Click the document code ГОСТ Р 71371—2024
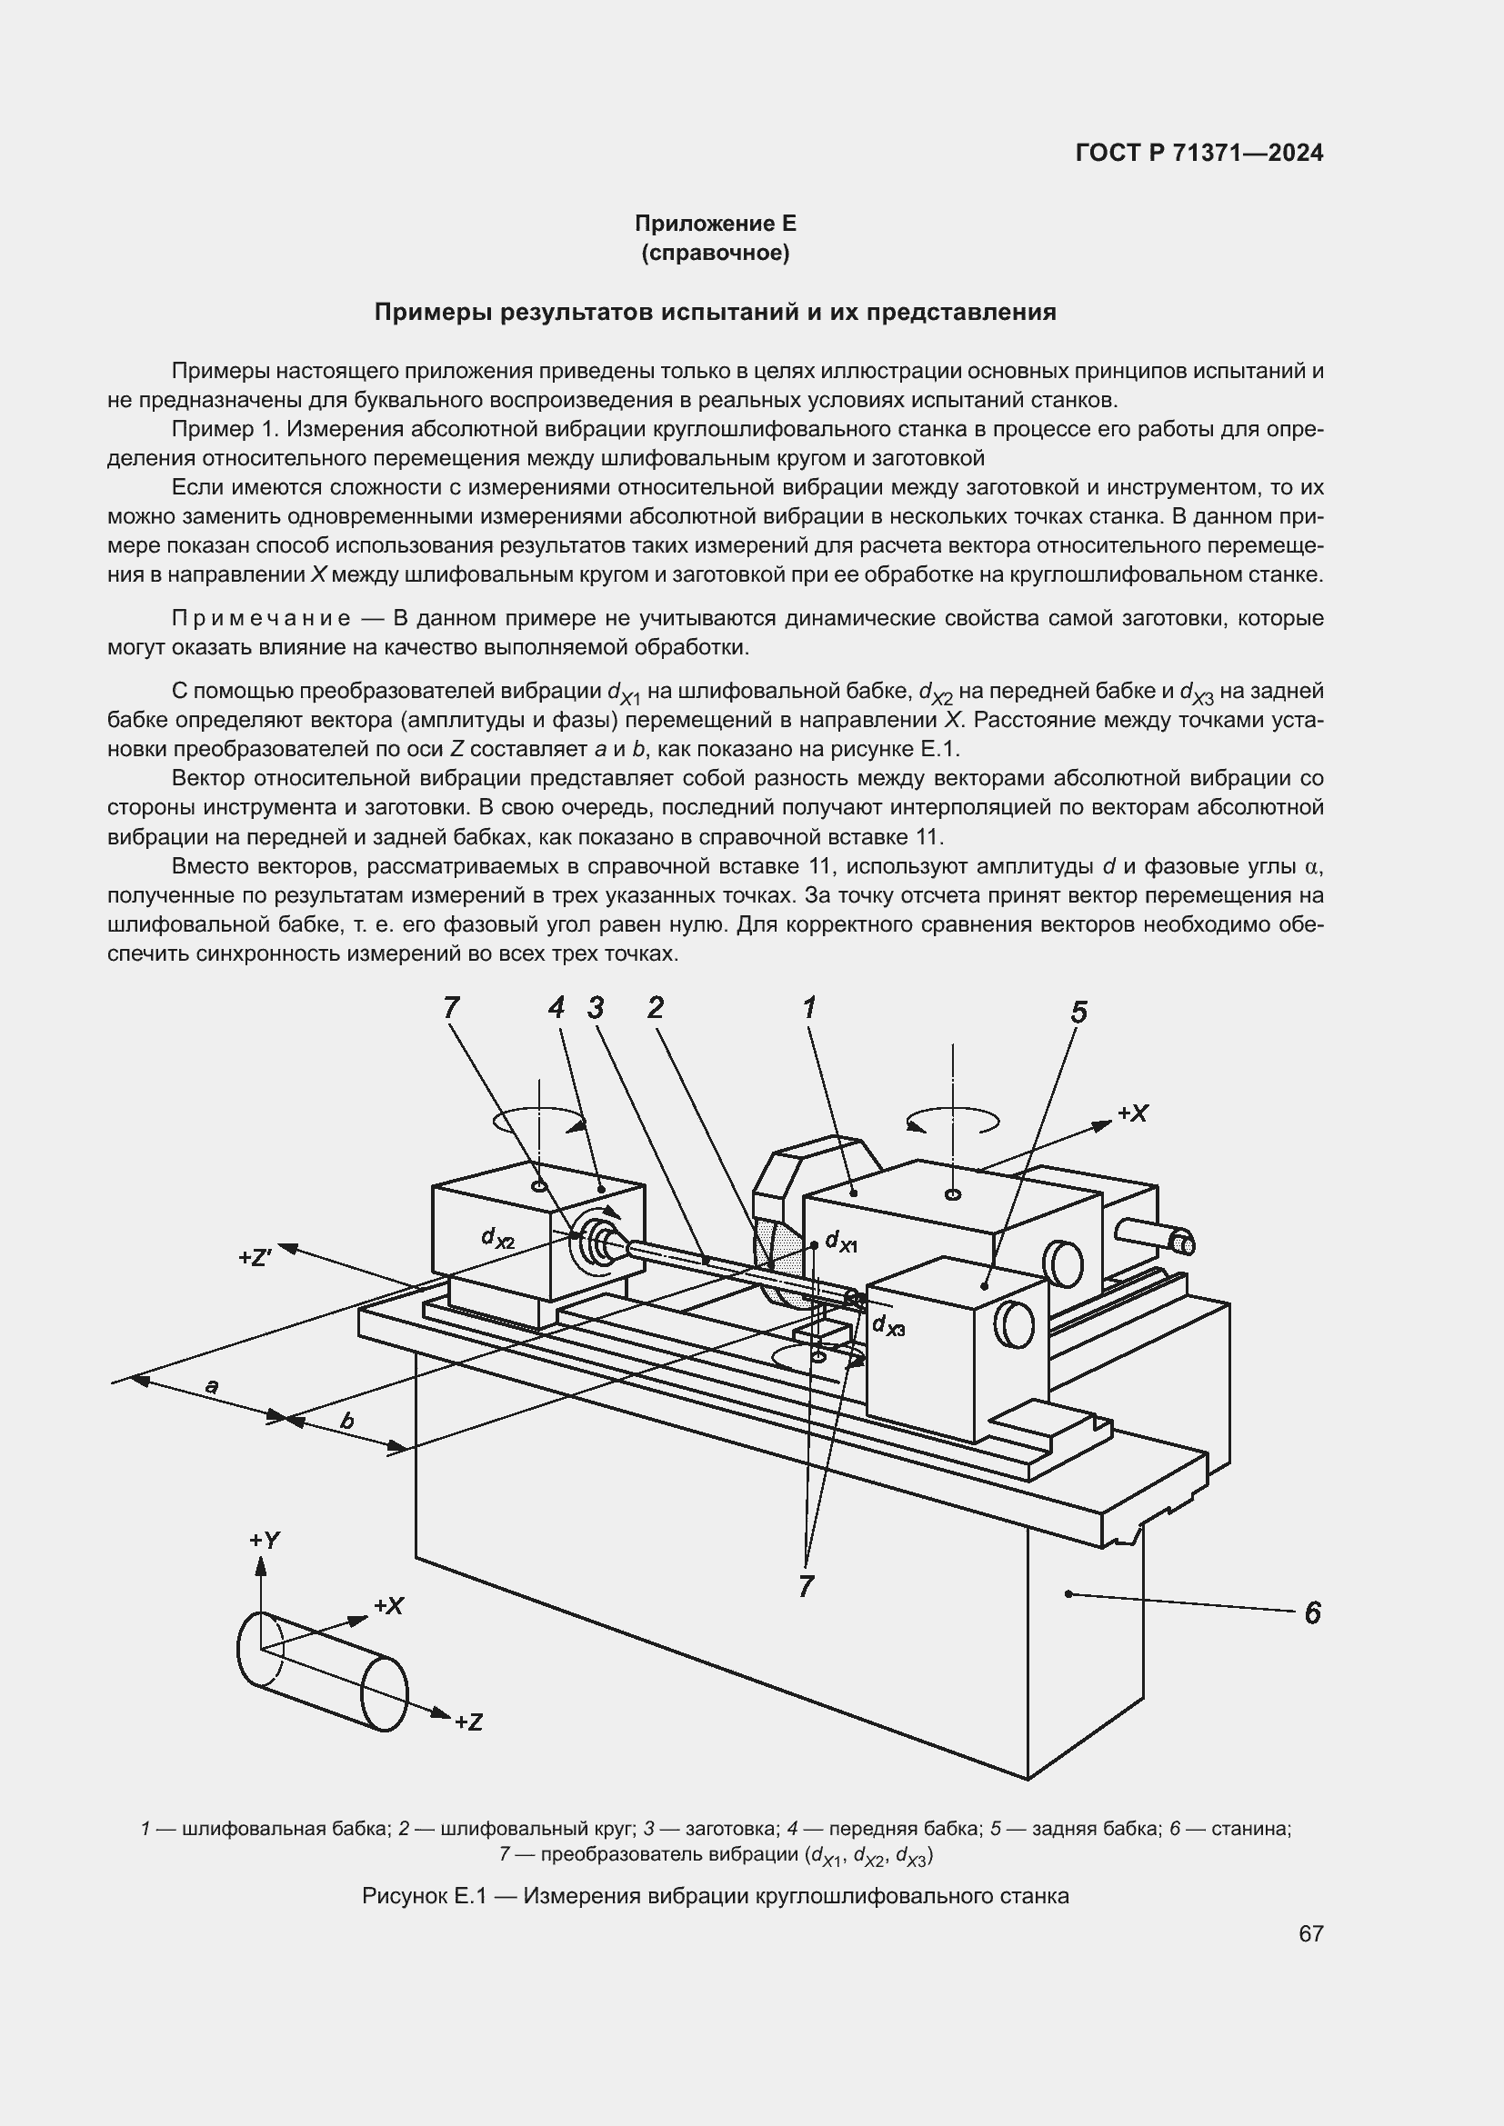pos(1199,153)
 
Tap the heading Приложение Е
pos(715,224)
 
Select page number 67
pos(1310,1933)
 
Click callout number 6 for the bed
pos(1311,1613)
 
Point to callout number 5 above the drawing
pos(1079,1013)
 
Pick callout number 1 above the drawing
pos(809,1007)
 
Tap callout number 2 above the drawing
pos(656,1007)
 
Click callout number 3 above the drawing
pos(596,1007)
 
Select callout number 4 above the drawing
pos(556,1007)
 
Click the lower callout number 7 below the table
pos(806,1586)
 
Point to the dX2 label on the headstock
pos(497,1238)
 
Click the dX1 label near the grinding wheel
pos(841,1242)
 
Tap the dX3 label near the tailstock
pos(888,1326)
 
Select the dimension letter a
pos(212,1386)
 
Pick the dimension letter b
pos(346,1421)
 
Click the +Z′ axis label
pos(255,1257)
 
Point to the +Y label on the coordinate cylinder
pos(265,1541)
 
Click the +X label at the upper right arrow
pos(1133,1114)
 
